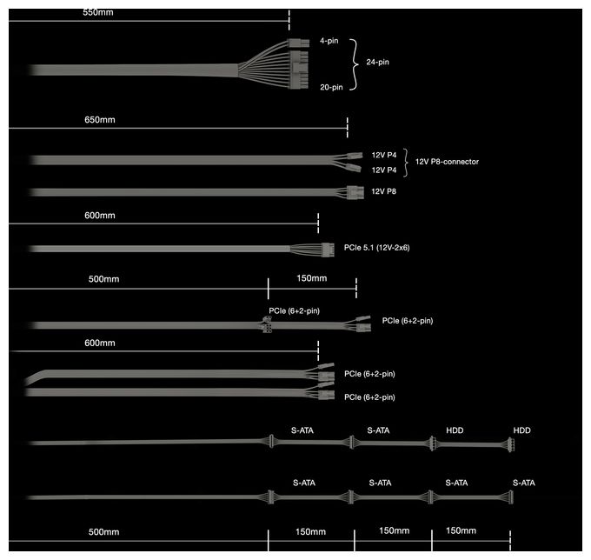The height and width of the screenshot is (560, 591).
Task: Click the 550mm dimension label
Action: [x=98, y=12]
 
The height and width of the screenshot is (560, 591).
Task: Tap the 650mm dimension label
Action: [x=99, y=119]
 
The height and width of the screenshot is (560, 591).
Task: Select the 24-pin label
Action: [x=377, y=62]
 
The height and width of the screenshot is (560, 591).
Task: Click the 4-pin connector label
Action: [x=329, y=41]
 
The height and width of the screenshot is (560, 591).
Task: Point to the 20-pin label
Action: [x=331, y=87]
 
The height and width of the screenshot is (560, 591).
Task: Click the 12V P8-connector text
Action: [x=447, y=162]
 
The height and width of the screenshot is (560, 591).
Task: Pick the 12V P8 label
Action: [x=383, y=191]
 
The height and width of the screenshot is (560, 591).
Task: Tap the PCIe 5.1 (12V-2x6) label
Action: [x=376, y=247]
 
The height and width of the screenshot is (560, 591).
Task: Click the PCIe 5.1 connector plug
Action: [x=328, y=250]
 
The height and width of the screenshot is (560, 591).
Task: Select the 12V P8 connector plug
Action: [x=355, y=192]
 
